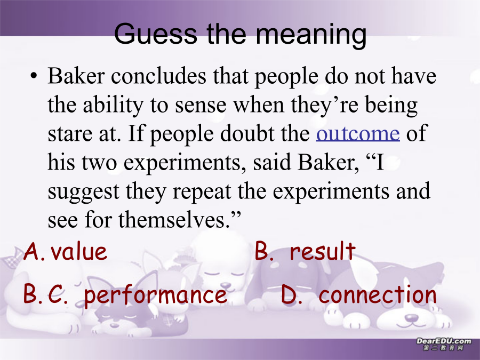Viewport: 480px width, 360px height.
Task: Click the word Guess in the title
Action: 156,33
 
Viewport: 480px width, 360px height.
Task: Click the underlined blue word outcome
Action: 358,133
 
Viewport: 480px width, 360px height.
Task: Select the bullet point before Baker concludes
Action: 34,76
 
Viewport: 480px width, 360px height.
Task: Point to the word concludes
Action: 158,76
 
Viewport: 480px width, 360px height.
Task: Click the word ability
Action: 113,106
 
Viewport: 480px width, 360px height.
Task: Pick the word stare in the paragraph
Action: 70,134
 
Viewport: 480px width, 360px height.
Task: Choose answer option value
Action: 79,252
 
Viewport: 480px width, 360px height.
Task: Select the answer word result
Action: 323,251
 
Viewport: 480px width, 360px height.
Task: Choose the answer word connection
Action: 378,294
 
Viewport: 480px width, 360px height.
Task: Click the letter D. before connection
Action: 292,294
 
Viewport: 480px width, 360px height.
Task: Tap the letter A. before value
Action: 35,252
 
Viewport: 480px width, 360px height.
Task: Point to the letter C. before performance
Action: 58,294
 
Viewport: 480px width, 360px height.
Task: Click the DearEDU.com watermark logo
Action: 444,344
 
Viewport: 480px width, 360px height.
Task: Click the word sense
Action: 201,106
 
